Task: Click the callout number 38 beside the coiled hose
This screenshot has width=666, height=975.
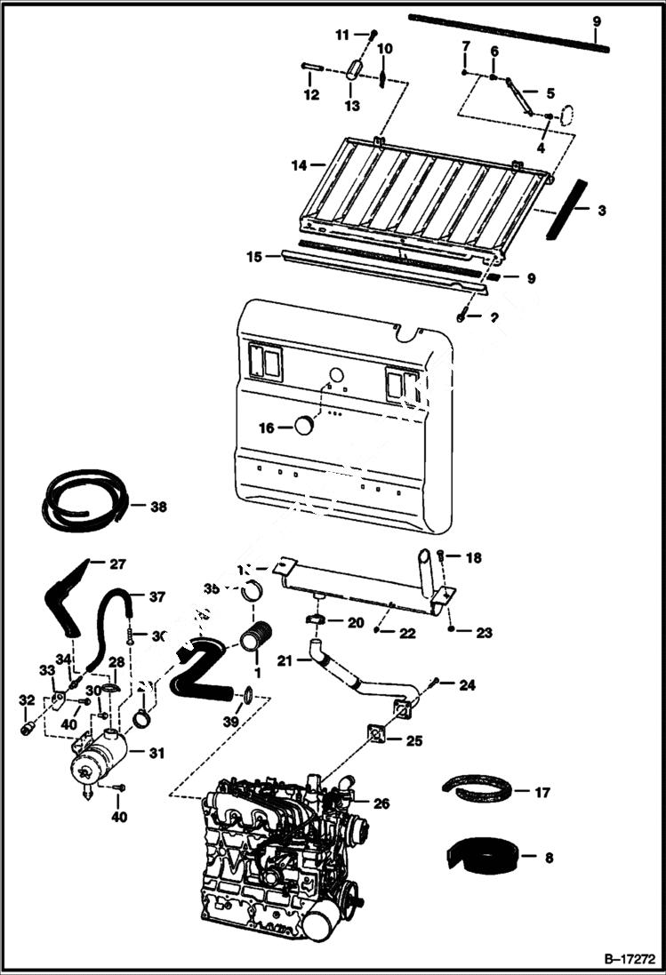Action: pos(158,507)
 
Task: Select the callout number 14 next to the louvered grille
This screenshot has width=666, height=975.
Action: pos(298,165)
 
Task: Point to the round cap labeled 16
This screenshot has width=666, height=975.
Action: pos(305,427)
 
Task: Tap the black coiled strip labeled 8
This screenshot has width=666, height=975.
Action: pos(480,856)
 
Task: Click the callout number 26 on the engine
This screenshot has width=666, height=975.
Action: pos(381,803)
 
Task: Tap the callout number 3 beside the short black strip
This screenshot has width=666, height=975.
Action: pos(602,211)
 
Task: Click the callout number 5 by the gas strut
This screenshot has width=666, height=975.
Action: pos(550,92)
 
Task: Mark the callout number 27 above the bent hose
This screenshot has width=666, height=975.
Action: pos(118,563)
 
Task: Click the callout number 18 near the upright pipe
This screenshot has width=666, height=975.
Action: pos(474,557)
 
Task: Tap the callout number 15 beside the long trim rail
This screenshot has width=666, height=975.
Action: pos(253,257)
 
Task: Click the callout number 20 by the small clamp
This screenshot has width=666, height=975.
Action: pos(356,623)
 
